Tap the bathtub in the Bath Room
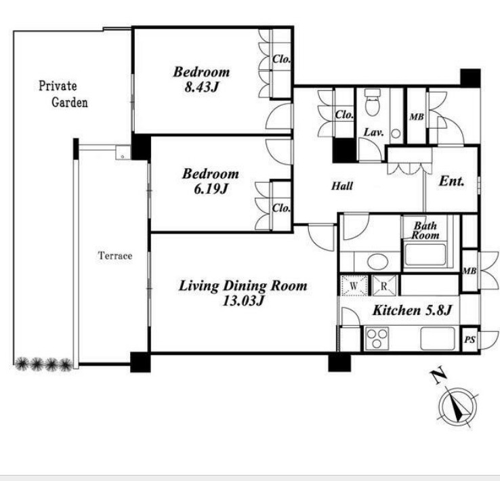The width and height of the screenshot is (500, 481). (x=425, y=254)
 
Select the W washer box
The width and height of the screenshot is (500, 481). (x=354, y=285)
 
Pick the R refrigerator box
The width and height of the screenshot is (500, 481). (x=384, y=285)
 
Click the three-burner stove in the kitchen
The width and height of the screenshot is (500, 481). (x=377, y=338)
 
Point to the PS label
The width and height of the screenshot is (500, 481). (x=470, y=340)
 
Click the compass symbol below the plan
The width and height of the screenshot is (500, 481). (x=457, y=406)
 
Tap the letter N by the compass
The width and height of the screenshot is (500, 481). (x=439, y=377)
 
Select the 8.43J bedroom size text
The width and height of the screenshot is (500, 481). (x=201, y=87)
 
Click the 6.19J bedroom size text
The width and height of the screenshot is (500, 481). (x=211, y=189)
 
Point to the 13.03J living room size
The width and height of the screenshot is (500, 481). (x=243, y=300)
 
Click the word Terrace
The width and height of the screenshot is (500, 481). (x=114, y=255)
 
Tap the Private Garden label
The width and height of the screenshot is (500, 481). (x=63, y=94)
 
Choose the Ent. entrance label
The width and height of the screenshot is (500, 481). (x=451, y=181)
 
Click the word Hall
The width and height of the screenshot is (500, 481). (x=342, y=186)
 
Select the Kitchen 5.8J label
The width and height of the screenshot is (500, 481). (x=412, y=310)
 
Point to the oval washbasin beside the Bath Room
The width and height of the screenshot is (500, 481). (x=378, y=262)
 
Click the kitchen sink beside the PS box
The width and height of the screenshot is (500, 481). (x=438, y=339)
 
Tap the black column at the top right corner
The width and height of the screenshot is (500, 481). (x=470, y=79)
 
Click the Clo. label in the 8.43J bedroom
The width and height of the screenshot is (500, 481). (x=281, y=59)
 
